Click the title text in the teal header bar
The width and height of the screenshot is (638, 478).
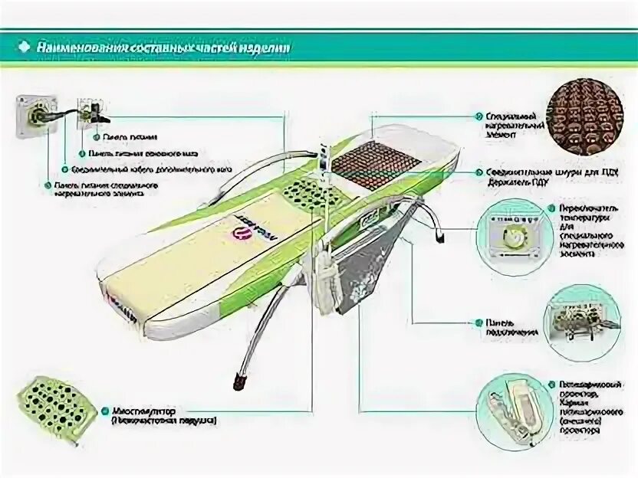pyautogui.click(x=164, y=47)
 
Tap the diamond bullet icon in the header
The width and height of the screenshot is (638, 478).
pyautogui.click(x=23, y=47)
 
